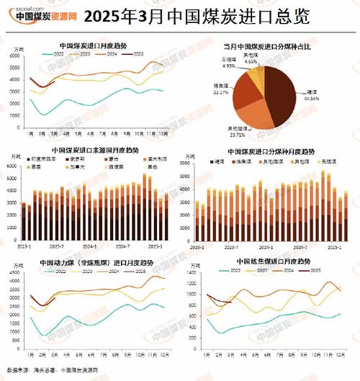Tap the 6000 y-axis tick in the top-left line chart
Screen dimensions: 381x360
click(16, 66)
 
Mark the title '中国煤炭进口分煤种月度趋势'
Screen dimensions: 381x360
click(271, 152)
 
